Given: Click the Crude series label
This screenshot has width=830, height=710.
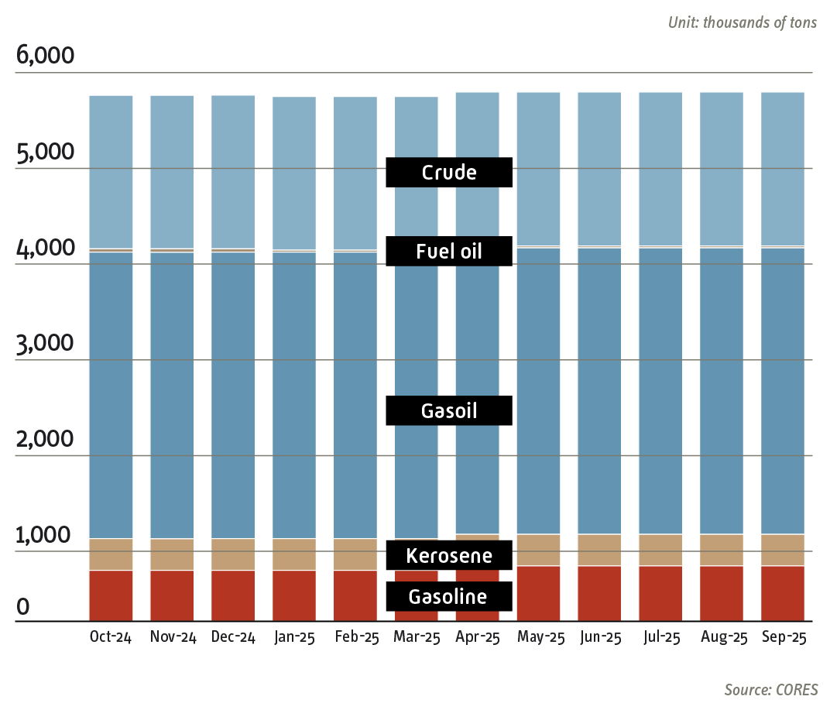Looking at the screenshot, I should coord(449,172).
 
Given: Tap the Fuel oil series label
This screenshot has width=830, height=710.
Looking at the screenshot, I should coord(449,251).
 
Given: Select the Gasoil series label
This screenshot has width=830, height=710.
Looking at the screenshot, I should coord(449,410).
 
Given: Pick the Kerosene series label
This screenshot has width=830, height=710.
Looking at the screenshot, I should coord(449,555).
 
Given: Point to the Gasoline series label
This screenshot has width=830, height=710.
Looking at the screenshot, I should coord(449,596).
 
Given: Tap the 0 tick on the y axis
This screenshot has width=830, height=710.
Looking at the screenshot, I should coord(23,608).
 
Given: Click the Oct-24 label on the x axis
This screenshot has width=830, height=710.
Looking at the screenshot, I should coord(111,637).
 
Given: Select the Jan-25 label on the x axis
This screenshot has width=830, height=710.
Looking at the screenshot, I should coord(294,637).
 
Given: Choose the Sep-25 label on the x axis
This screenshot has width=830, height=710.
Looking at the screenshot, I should coord(783,637).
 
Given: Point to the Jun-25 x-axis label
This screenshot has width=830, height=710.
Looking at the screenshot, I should coord(599,637).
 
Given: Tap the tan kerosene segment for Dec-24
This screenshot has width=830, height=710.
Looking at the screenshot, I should coord(233,554).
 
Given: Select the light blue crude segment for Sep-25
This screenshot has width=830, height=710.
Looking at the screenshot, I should coord(783,168).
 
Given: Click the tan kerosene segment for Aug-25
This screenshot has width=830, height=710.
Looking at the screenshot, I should coord(722,550).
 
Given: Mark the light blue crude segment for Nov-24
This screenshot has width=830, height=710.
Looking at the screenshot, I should coord(172,171).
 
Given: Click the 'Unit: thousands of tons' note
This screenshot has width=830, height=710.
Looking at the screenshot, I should coord(742,22).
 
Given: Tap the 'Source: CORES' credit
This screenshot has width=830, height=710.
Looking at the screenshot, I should coord(770,688).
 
